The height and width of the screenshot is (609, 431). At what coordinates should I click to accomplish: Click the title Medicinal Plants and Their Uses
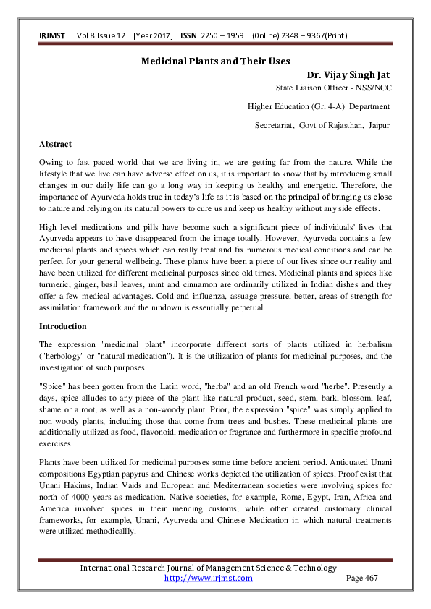[214, 61]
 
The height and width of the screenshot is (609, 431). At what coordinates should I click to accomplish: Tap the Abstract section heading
[55, 144]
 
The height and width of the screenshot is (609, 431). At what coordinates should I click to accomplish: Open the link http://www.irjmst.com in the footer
[209, 578]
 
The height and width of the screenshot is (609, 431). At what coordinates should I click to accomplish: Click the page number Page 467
[362, 578]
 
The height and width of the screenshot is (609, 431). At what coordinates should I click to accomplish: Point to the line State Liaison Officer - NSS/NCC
[333, 88]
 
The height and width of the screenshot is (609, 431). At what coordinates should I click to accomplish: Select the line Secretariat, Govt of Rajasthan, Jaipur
[322, 125]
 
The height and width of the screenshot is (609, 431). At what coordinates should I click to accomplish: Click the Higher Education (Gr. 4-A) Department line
[319, 106]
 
